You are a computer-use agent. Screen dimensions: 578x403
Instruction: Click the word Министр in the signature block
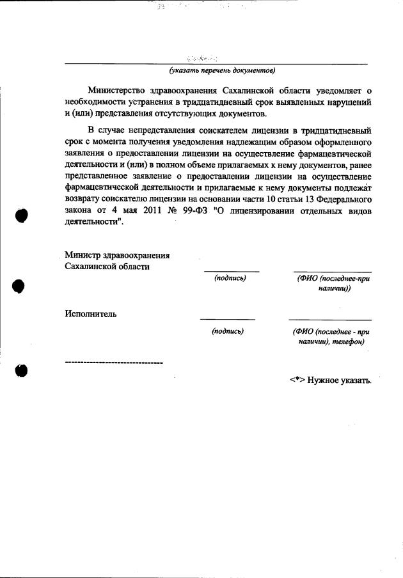84,255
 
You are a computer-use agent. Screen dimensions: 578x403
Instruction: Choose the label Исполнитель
90,314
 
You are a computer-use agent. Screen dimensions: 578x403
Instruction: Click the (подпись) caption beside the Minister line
230,277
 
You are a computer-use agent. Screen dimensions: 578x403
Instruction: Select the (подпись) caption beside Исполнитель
228,331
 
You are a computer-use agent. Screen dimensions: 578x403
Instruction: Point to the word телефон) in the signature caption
347,342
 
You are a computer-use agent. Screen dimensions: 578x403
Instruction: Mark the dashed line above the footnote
114,363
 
